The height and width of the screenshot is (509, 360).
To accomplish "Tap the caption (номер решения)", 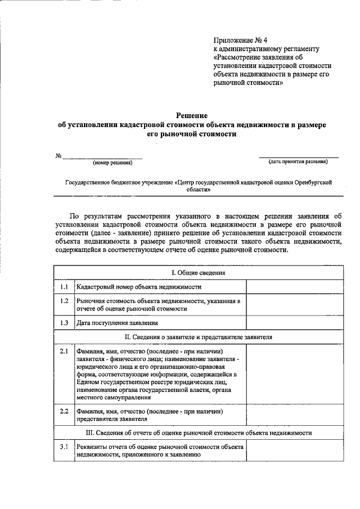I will pos(112,163).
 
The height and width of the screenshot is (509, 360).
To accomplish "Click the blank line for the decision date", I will pos(298,156).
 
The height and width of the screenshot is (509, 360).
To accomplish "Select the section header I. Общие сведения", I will pos(198,273).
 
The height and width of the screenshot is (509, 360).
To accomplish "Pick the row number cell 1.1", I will pos(64,287).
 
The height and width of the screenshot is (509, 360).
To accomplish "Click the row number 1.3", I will pos(64,323).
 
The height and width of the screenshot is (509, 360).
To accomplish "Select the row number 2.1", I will pos(64,352).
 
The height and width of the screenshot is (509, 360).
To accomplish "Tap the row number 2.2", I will pos(64,411).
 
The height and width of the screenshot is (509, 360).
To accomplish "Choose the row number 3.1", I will pos(64,447).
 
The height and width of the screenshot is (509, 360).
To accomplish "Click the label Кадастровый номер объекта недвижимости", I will pos(139,287).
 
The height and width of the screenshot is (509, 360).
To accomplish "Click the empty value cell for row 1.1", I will pos(294,287).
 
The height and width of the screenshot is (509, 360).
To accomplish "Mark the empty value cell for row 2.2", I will pos(294,415).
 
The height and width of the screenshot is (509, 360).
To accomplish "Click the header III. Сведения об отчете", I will pos(198,433).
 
